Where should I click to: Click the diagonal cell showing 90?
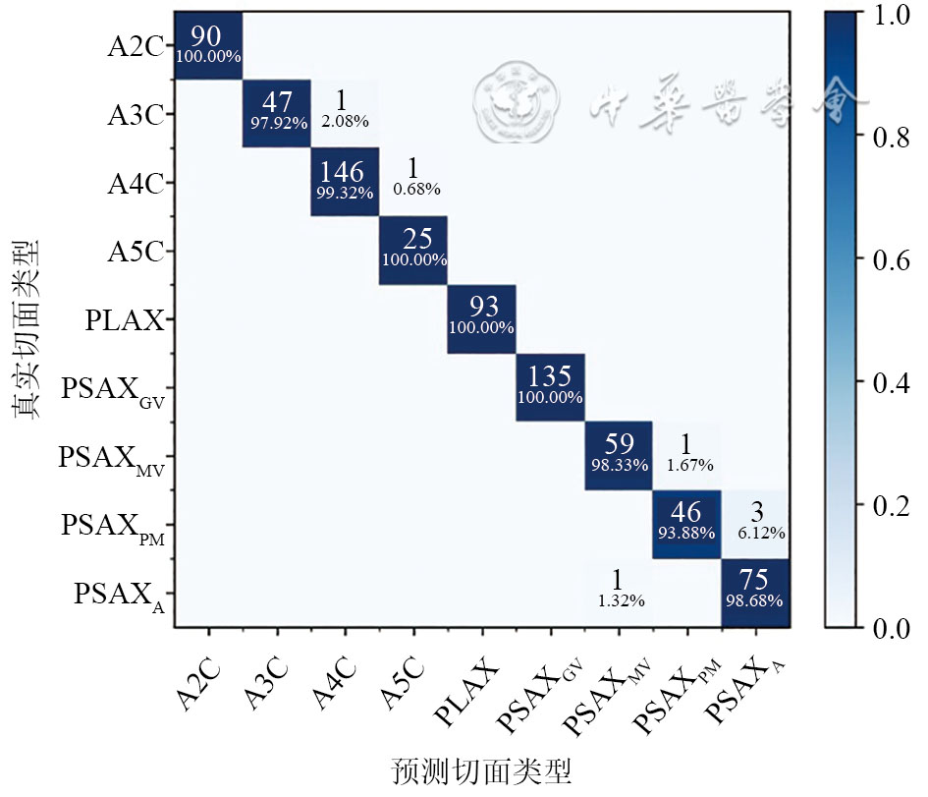[x=207, y=45]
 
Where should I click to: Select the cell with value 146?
[x=345, y=182]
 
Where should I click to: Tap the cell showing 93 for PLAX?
[x=481, y=318]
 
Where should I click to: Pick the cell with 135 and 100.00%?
[x=550, y=386]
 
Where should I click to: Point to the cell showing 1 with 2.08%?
[x=345, y=113]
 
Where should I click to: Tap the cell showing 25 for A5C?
[x=413, y=250]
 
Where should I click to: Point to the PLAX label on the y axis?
[x=125, y=319]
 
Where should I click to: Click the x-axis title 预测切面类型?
[x=481, y=770]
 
